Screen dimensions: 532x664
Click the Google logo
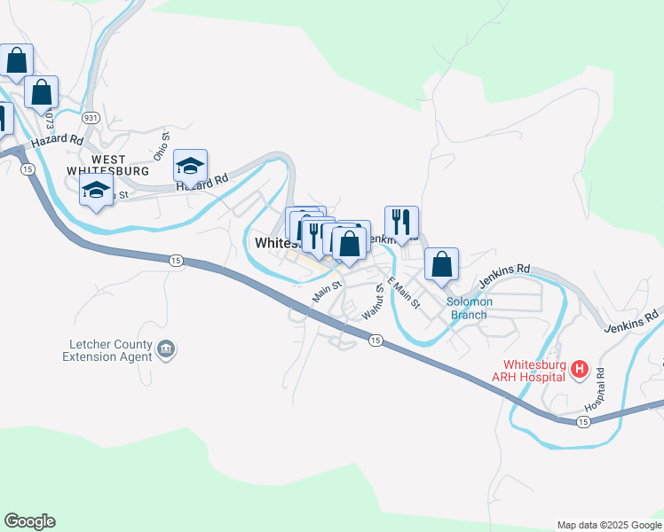(x=29, y=521)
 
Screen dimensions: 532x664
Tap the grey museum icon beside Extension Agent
(x=166, y=350)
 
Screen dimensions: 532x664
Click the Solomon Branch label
(x=470, y=308)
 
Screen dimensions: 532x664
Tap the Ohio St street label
(x=161, y=146)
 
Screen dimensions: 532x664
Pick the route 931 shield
(x=90, y=117)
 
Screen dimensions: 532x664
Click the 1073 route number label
(x=50, y=118)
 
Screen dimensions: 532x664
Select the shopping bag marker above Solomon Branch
(x=441, y=264)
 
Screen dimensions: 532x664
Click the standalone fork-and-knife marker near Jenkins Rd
(x=401, y=223)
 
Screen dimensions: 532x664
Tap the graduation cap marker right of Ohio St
(x=190, y=166)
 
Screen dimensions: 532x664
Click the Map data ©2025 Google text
(x=608, y=525)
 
